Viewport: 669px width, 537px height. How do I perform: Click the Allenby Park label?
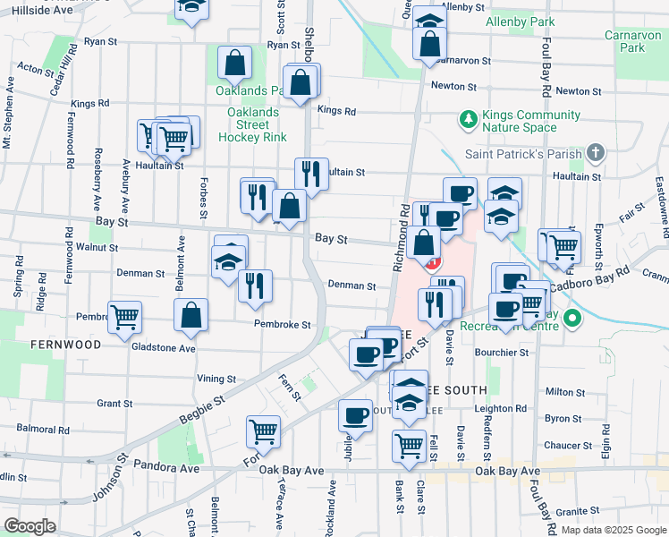coord(519,21)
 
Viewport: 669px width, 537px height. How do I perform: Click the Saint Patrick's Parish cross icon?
coord(597,153)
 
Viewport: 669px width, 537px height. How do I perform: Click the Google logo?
coord(30,526)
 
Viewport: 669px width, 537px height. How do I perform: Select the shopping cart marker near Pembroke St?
coord(124,316)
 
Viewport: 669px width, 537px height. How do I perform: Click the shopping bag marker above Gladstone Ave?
coord(191,314)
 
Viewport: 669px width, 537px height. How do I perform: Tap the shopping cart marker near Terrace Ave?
coord(263,431)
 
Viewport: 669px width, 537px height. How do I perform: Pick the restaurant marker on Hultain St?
coord(311,174)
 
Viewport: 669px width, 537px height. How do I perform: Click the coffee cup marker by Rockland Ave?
coord(355,416)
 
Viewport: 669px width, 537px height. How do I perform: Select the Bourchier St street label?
coord(506,353)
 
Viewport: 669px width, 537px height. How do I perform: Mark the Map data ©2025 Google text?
coord(612,530)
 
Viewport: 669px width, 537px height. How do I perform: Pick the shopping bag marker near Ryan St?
coord(234,63)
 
